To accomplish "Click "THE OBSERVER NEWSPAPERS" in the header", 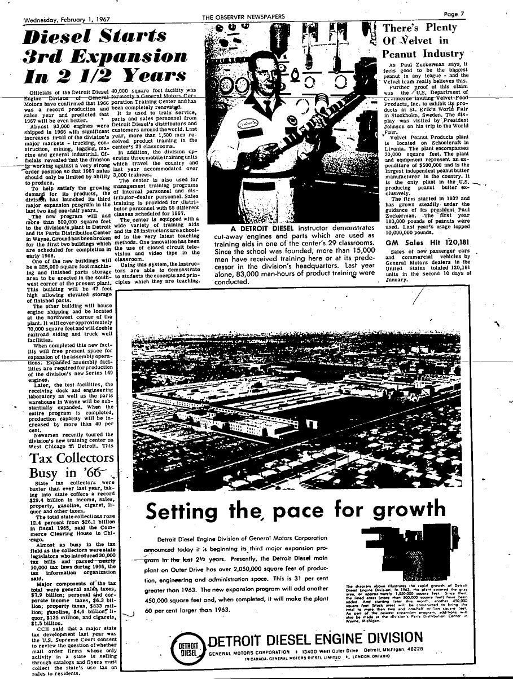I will click(x=243, y=17).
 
